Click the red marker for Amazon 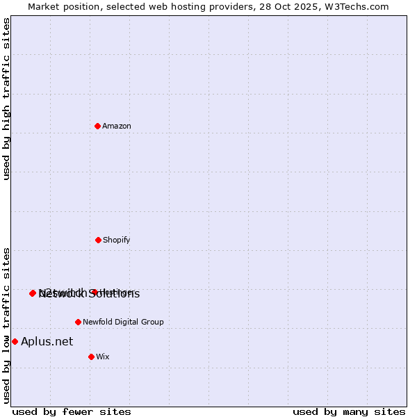tap(98, 126)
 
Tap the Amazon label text tap(117, 126)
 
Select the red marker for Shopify tap(98, 240)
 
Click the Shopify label tap(117, 240)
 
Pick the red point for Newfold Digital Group tap(78, 322)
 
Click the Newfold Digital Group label tap(123, 322)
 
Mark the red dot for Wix tap(91, 357)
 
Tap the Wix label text tap(103, 357)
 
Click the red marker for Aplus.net tap(15, 341)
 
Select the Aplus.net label tap(47, 341)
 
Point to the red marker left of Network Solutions tap(33, 293)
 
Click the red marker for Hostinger tap(94, 293)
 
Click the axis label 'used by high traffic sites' tap(7, 99)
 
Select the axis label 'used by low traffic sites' tap(7, 325)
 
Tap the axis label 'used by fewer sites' tap(72, 412)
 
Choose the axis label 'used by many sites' tap(349, 412)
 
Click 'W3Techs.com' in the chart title tap(359, 6)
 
